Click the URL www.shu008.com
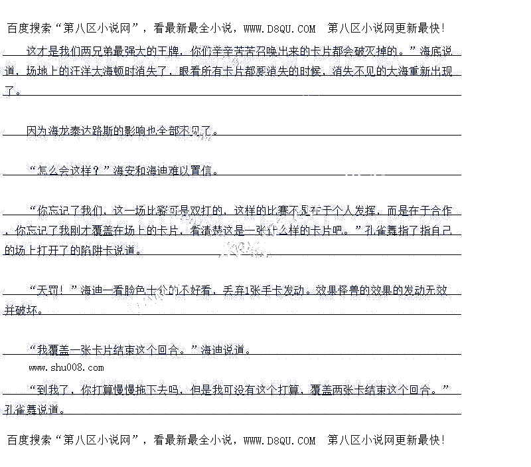point(66,367)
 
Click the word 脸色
point(133,290)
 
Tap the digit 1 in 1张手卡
point(246,290)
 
